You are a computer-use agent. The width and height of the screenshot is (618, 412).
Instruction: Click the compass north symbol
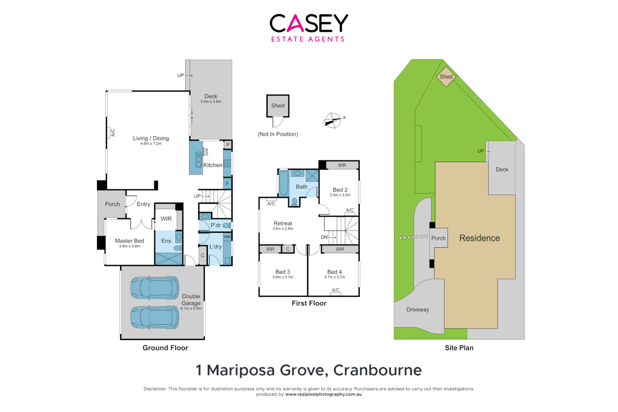(333, 121)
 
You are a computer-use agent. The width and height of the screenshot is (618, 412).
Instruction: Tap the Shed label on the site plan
(446, 77)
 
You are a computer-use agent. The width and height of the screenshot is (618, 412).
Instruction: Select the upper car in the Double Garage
(154, 288)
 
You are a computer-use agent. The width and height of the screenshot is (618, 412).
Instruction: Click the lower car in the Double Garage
(154, 317)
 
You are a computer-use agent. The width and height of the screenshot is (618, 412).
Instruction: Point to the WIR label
(166, 219)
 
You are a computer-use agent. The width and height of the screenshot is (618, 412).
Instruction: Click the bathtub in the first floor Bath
(283, 183)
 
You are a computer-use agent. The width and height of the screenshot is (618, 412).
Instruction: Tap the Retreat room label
(283, 224)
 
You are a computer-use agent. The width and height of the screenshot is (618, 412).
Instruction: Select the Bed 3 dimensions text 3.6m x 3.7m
(283, 277)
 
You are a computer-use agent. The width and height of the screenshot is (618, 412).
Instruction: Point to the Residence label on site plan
(479, 238)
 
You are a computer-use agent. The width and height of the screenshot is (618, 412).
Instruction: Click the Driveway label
(417, 310)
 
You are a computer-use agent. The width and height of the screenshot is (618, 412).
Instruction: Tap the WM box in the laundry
(227, 237)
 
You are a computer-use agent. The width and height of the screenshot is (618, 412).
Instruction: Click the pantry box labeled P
(228, 145)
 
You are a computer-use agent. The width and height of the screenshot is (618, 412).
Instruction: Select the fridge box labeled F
(227, 183)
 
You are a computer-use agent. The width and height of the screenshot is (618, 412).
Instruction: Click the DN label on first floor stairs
(324, 237)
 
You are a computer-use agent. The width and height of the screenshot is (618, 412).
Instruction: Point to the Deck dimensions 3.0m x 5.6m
(211, 102)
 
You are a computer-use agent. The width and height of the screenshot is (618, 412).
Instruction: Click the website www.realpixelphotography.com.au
(323, 394)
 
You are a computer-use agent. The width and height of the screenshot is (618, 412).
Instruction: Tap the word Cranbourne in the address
(377, 370)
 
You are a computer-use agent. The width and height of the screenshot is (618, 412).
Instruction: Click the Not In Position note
(278, 134)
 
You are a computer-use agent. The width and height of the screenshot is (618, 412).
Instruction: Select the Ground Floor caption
(165, 348)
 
